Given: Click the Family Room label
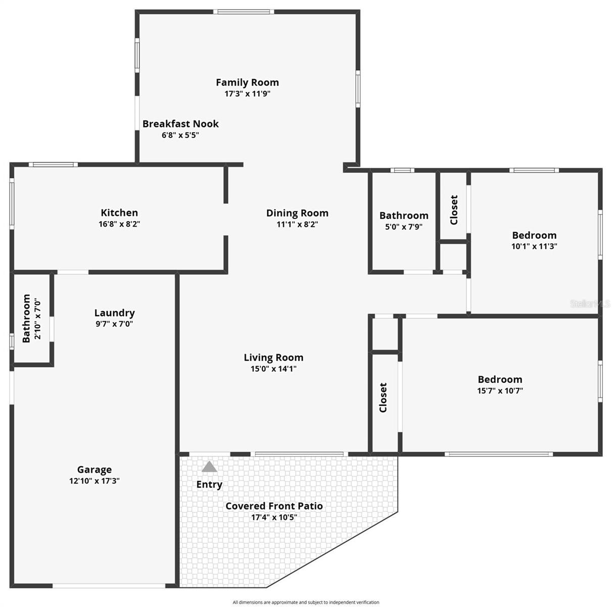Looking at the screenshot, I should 247,82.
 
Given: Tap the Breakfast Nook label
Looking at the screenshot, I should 180,123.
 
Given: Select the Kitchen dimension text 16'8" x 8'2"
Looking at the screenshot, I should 119,224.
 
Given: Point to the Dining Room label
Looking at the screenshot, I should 297,213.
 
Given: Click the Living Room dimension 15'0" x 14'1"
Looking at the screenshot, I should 273,369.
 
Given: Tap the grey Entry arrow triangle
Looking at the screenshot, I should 209,467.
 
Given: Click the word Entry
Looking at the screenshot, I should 209,485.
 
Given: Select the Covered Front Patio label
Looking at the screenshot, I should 274,506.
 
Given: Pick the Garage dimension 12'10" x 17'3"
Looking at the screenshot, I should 95,481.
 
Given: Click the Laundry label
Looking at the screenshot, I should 115,313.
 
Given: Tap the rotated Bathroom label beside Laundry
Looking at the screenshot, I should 26,318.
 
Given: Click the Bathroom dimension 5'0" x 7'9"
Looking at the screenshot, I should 404,227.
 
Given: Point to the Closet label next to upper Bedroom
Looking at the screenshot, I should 454,210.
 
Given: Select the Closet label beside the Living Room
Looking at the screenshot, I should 383,397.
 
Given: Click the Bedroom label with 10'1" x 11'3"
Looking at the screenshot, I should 534,235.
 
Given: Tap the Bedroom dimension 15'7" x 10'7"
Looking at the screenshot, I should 500,391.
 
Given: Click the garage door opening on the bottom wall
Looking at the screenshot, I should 109,586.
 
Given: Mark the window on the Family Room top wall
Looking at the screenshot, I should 243,12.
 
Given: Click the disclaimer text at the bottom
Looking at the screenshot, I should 306,602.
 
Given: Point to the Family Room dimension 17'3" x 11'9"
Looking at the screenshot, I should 248,94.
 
